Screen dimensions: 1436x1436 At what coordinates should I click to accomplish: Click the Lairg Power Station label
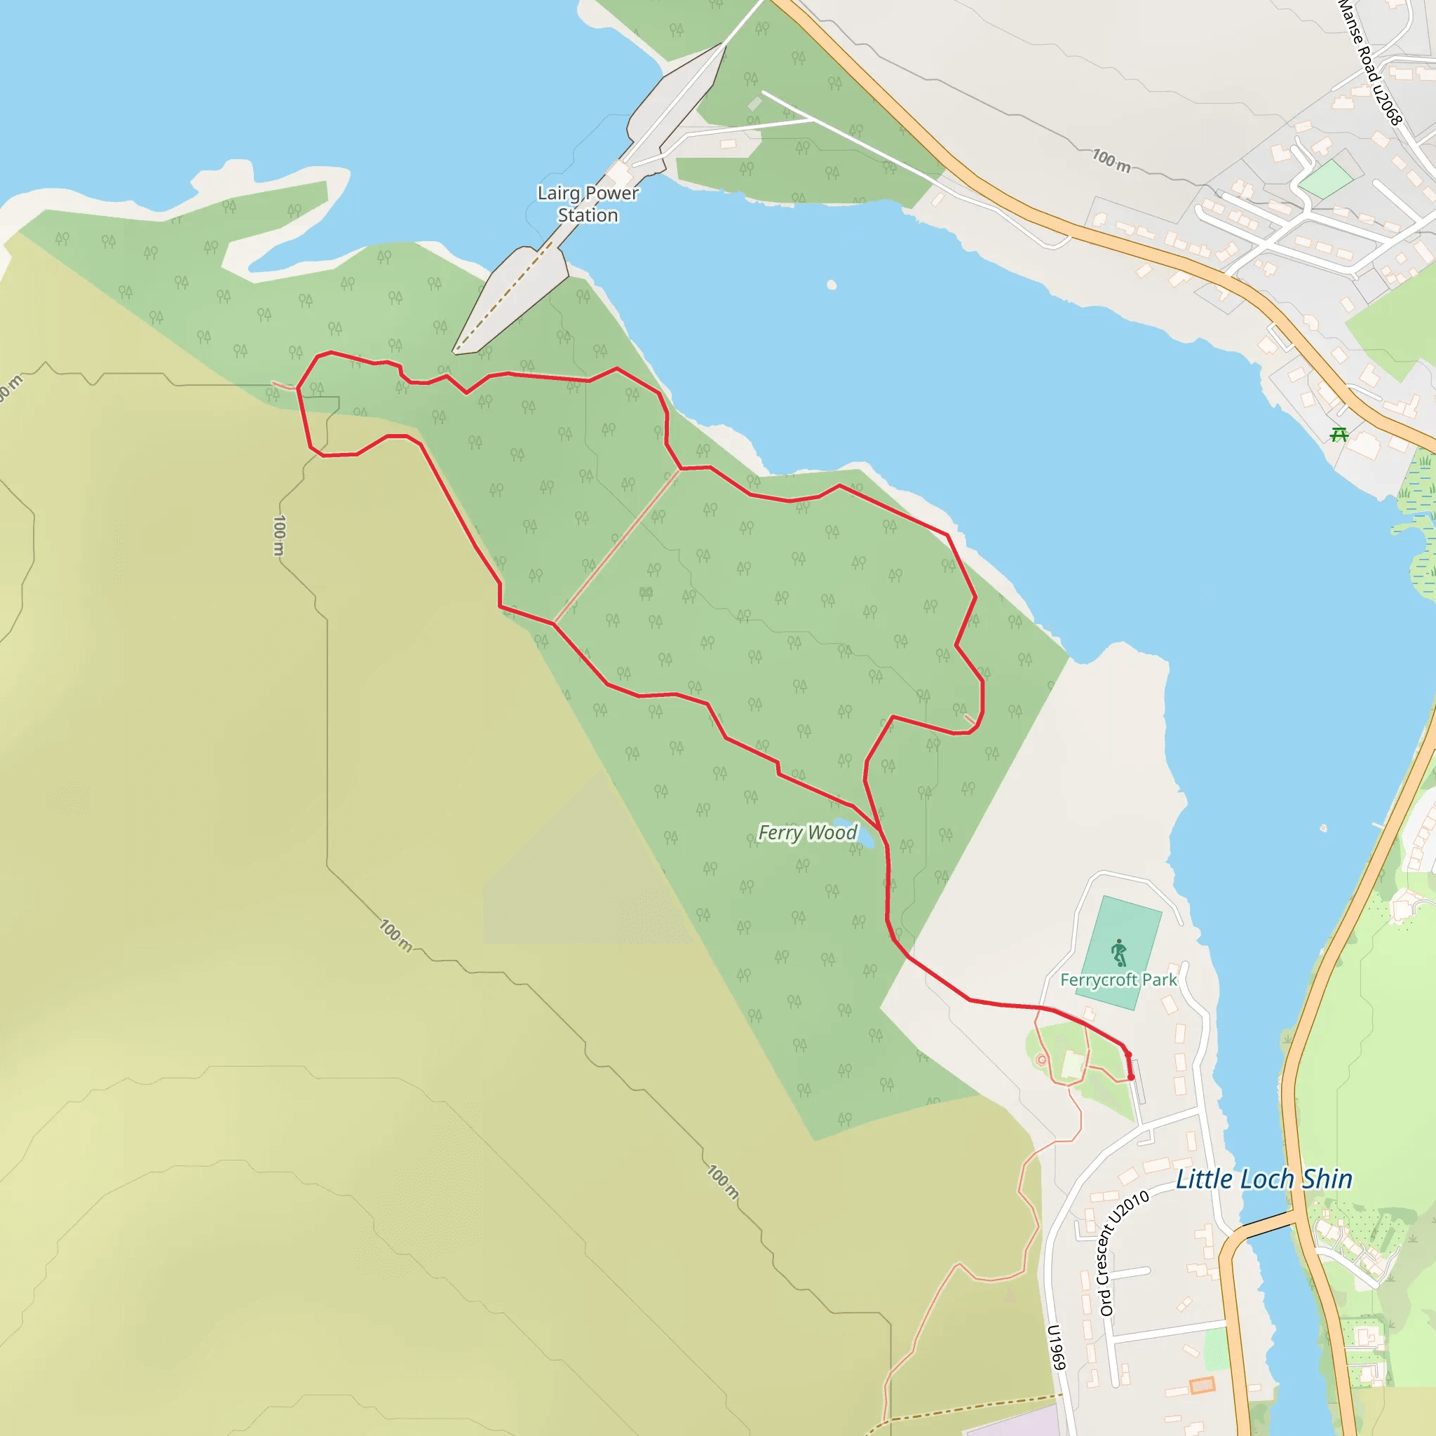pos(587,203)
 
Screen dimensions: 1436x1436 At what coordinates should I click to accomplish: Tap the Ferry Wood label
pos(806,832)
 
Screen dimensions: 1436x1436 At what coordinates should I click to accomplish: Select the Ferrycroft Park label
pos(1118,980)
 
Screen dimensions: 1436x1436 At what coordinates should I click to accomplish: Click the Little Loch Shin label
pos(1264,1179)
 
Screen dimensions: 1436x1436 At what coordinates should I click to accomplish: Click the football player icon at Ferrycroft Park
pos(1118,953)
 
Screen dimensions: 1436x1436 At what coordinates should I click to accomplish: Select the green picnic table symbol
pos(1339,434)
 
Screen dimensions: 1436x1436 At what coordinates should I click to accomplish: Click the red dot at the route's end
pos(1130,1077)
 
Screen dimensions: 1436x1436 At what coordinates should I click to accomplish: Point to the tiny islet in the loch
pos(831,285)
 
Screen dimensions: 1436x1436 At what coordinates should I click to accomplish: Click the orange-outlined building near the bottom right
pos(1202,1385)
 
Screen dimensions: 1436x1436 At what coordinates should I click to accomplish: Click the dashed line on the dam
pos(506,297)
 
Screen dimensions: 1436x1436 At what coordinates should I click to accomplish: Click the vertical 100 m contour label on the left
pos(279,535)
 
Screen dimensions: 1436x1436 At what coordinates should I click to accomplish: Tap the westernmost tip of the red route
pos(298,387)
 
